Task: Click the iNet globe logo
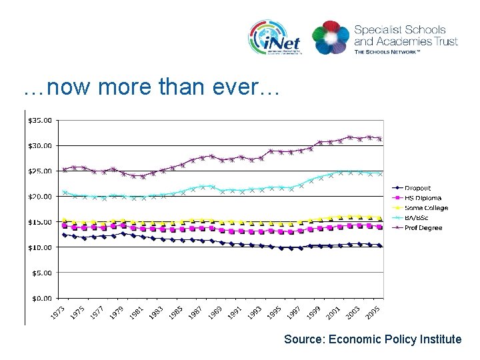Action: (x=274, y=37)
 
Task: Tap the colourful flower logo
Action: (x=330, y=37)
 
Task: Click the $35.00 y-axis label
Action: (x=41, y=121)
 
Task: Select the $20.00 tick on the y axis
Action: (x=41, y=197)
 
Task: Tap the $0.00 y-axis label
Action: (x=43, y=298)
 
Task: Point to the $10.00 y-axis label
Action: (x=41, y=247)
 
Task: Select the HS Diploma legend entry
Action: (x=423, y=198)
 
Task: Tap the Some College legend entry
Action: (x=426, y=208)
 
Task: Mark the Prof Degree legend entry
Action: (x=423, y=228)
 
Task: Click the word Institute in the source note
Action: (x=440, y=339)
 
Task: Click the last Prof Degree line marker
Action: (x=380, y=139)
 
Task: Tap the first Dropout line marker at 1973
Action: (x=65, y=235)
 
